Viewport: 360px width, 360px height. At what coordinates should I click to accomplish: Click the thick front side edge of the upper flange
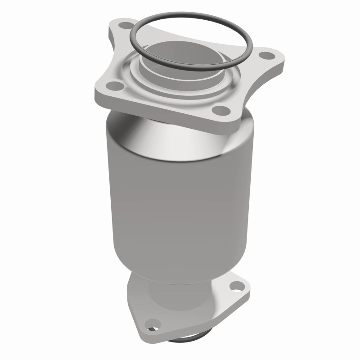162,108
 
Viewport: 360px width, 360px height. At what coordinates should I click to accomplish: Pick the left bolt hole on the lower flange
153,323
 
